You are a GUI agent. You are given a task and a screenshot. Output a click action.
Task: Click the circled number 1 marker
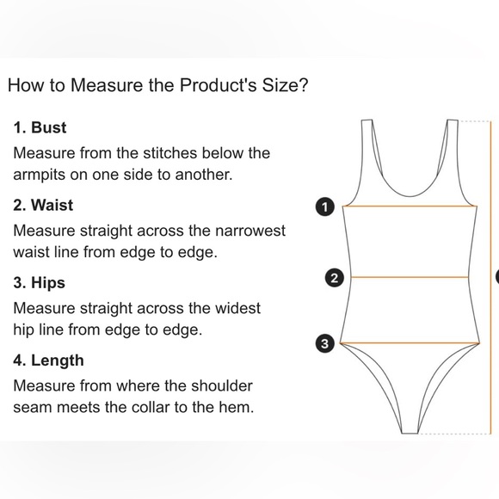pyautogui.click(x=325, y=207)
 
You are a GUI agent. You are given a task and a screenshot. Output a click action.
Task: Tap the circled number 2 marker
pyautogui.click(x=334, y=278)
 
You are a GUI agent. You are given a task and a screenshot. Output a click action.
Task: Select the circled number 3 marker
pyautogui.click(x=324, y=343)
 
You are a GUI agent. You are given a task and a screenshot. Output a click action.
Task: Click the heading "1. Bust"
pyautogui.click(x=40, y=127)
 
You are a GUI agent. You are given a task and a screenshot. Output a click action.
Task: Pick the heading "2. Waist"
pyautogui.click(x=43, y=205)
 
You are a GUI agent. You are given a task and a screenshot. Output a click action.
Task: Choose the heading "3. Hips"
pyautogui.click(x=39, y=283)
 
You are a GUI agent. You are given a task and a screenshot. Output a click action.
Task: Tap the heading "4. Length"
pyautogui.click(x=48, y=360)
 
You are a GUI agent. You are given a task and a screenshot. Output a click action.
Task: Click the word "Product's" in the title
pyautogui.click(x=218, y=85)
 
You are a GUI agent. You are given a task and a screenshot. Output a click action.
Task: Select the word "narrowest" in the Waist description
pyautogui.click(x=250, y=231)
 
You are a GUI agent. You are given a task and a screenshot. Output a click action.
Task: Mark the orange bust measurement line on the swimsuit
pyautogui.click(x=410, y=206)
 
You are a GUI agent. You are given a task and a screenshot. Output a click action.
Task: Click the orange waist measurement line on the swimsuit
pyautogui.click(x=410, y=277)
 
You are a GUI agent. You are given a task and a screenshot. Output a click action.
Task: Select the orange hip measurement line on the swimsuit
pyautogui.click(x=410, y=343)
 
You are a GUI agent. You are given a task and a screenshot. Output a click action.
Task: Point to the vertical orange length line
pyautogui.click(x=490, y=277)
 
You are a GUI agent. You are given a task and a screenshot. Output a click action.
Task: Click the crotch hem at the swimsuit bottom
pyautogui.click(x=410, y=433)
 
